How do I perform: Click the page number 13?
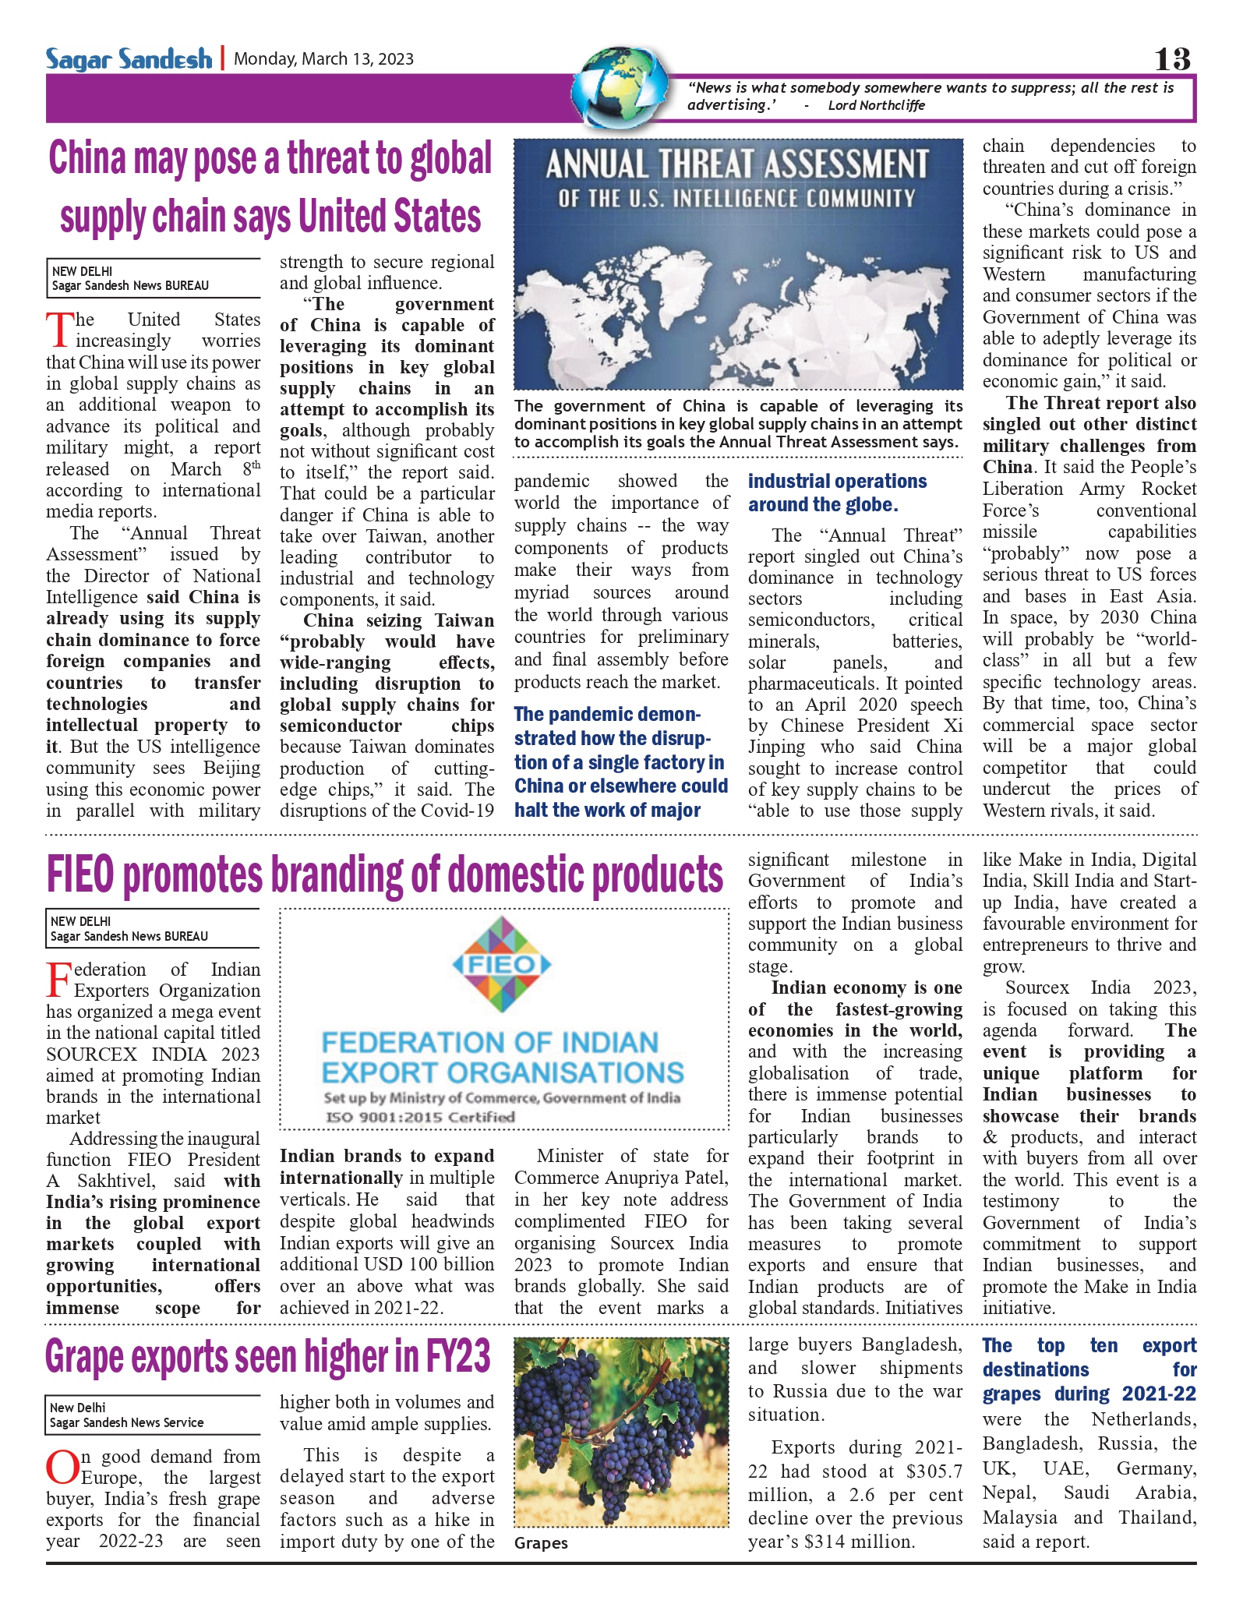coord(1172,59)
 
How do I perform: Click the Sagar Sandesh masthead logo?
coord(129,58)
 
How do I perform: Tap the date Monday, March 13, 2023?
coord(323,59)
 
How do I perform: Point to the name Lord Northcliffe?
coord(876,105)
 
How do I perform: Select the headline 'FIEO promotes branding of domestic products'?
coord(384,874)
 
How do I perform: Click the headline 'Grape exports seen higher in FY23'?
coord(268,1357)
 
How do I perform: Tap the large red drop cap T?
coord(59,330)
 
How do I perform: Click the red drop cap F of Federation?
coord(58,980)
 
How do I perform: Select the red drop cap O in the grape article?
coord(61,1468)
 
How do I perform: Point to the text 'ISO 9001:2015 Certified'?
coord(421,1117)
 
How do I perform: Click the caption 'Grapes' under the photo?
coord(541,1543)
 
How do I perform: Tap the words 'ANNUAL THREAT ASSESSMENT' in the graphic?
coord(736,165)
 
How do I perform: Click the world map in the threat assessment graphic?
coord(736,312)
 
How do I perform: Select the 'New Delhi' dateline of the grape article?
coord(78,1408)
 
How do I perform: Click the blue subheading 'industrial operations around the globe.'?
coord(837,493)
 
